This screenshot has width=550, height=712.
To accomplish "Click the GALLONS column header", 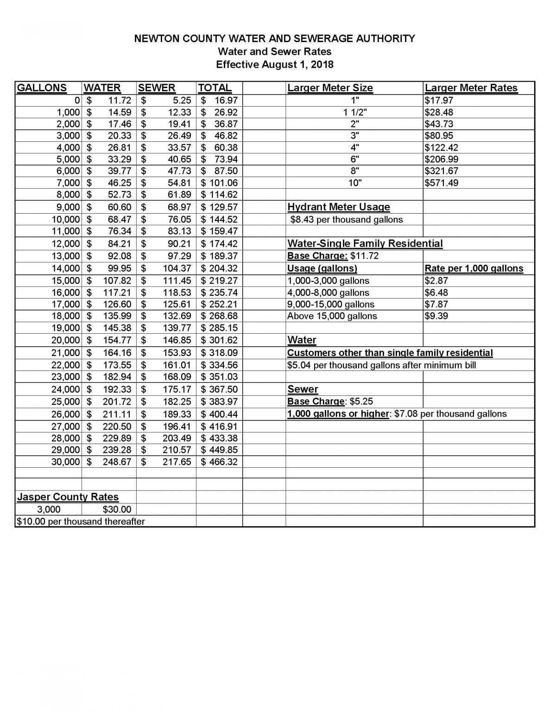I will pyautogui.click(x=42, y=88).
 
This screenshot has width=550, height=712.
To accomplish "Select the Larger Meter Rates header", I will pyautogui.click(x=471, y=88).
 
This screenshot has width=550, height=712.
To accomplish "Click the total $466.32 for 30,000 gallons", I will pyautogui.click(x=219, y=462).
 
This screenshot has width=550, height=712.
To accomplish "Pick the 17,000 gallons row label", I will pyautogui.click(x=65, y=305).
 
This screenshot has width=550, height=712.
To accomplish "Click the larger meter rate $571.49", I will pyautogui.click(x=442, y=183).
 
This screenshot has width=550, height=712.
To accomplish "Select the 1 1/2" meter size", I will pyautogui.click(x=355, y=112).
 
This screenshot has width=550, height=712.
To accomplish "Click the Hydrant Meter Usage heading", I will pyautogui.click(x=339, y=207).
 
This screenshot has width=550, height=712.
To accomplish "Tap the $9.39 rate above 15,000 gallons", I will pyautogui.click(x=436, y=316).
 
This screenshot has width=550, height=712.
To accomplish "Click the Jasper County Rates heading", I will pyautogui.click(x=68, y=497).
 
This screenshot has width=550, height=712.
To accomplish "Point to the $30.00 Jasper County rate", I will pyautogui.click(x=117, y=509).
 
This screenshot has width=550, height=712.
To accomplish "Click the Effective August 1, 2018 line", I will pyautogui.click(x=275, y=64).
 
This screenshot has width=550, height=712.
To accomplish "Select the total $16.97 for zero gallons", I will pyautogui.click(x=219, y=100).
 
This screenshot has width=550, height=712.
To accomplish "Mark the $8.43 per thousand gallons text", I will pyautogui.click(x=346, y=220).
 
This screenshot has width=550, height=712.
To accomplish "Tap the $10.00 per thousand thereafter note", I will pyautogui.click(x=81, y=521).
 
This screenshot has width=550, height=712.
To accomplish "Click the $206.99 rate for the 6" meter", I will pyautogui.click(x=442, y=159).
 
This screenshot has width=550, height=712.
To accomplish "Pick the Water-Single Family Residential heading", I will pyautogui.click(x=365, y=244).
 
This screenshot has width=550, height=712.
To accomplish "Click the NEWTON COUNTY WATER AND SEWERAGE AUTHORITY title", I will pyautogui.click(x=275, y=38).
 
